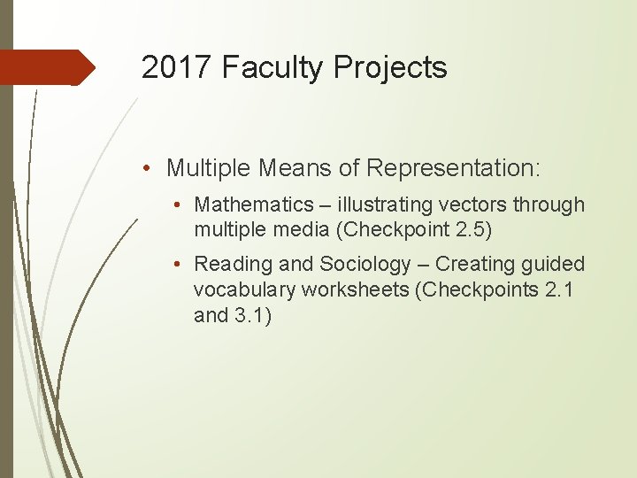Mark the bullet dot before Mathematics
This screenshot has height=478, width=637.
tap(179, 205)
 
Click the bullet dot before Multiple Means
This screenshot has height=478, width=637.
tap(151, 167)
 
